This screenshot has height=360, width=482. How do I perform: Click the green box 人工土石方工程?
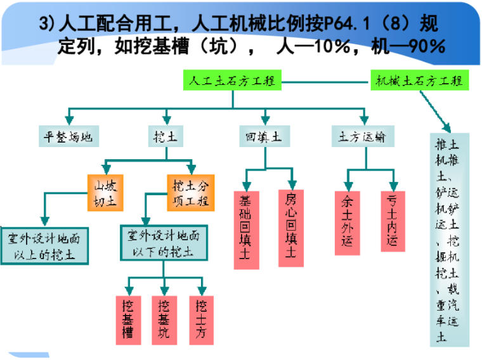(x=233, y=81)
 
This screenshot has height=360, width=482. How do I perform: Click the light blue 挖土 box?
(x=167, y=136)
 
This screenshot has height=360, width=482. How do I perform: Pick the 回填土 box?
(x=264, y=136)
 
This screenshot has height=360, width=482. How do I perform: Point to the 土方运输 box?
(x=363, y=136)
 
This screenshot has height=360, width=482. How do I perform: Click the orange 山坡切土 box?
(x=105, y=193)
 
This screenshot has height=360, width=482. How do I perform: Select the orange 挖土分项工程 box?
(x=188, y=193)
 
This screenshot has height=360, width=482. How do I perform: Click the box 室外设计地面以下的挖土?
(x=164, y=243)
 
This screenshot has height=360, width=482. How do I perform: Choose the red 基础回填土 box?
(x=246, y=229)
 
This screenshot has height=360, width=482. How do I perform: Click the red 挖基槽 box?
(x=129, y=320)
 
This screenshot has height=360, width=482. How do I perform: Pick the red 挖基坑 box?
(x=164, y=320)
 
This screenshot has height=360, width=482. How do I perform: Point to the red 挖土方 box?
(x=201, y=320)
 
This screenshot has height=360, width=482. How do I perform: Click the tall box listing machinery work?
(x=450, y=239)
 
